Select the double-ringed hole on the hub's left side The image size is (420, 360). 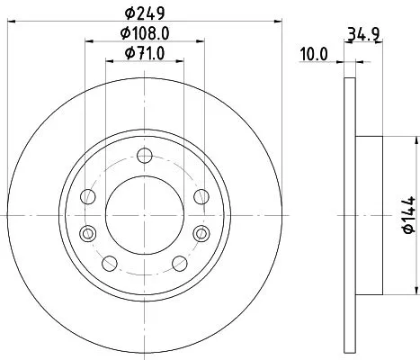(x=87, y=234)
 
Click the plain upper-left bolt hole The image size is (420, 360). (x=87, y=197)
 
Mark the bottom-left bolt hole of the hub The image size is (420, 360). (x=111, y=262)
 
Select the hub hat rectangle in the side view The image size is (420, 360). (x=370, y=215)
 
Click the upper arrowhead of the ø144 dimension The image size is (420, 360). (x=416, y=140)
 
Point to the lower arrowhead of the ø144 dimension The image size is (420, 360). (x=416, y=290)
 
